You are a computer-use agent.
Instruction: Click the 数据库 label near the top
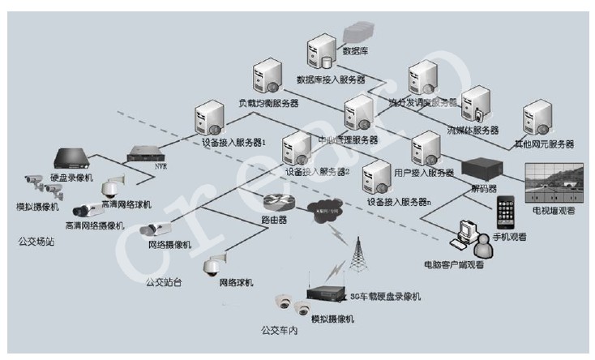356,50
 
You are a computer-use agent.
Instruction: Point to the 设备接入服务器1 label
234,142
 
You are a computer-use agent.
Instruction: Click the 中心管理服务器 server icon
357,114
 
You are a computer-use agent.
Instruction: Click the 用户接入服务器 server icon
425,148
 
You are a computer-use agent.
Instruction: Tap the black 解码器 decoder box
484,169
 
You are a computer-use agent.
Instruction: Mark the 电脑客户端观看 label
456,264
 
